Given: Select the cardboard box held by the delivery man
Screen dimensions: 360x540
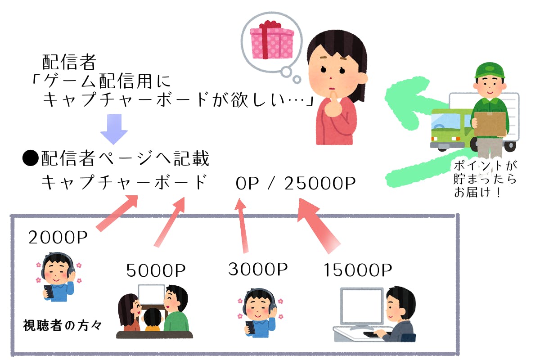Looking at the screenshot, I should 490,124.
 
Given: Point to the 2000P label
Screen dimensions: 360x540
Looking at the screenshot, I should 58,237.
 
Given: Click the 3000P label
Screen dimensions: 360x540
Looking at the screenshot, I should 258,269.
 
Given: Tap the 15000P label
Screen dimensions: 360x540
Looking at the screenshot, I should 358,270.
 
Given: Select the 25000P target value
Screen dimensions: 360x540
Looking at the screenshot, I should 320,183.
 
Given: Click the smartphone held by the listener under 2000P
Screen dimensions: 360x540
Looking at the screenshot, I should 48,292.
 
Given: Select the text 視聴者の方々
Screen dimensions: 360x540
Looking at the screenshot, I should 63,325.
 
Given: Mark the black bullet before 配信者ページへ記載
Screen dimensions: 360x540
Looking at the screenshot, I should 31,159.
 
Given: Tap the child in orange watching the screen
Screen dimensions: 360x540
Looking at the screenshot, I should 152,320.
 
